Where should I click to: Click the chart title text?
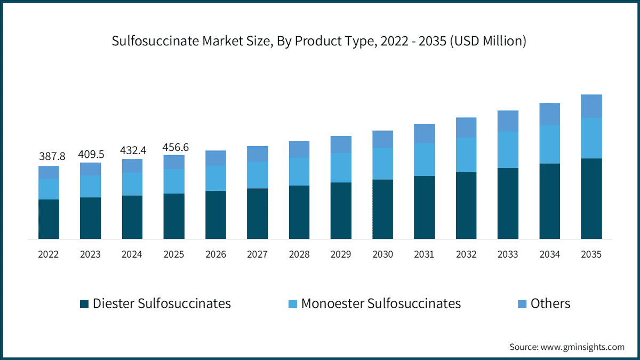(319, 42)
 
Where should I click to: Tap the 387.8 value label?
(52, 156)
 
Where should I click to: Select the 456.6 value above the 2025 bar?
(176, 147)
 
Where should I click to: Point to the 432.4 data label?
(132, 151)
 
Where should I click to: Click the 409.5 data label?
(91, 154)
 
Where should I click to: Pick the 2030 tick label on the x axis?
(382, 254)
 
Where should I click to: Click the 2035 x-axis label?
(591, 254)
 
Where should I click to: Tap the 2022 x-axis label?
(49, 254)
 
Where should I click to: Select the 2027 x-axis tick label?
(257, 254)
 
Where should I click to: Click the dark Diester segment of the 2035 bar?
(591, 198)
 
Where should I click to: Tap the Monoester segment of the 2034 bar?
(549, 144)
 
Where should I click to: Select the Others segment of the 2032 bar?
(466, 127)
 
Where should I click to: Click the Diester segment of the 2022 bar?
(49, 219)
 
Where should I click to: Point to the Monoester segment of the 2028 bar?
(299, 171)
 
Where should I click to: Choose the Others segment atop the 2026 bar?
(215, 158)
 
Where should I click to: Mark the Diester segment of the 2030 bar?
(382, 209)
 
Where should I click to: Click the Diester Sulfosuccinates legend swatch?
(84, 304)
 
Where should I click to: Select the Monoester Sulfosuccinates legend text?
(381, 303)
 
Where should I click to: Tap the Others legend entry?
(550, 303)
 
